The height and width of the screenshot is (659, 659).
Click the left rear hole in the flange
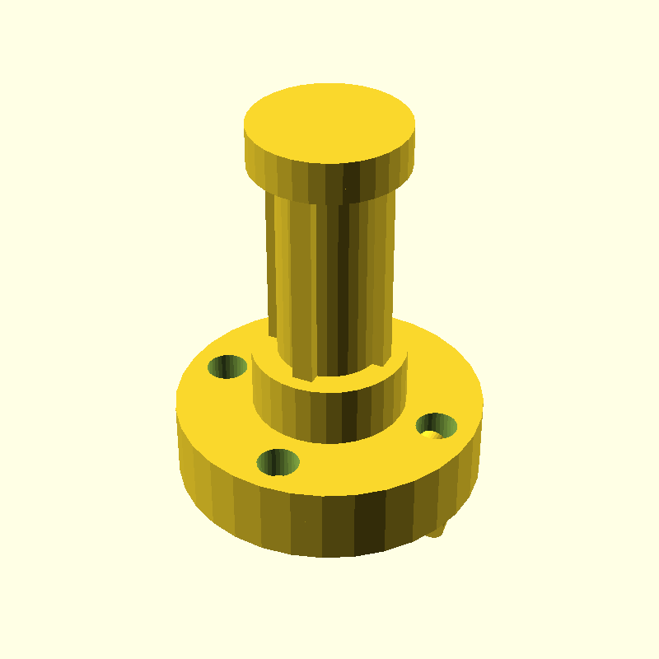pyautogui.click(x=227, y=367)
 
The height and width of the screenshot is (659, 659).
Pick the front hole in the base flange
pyautogui.click(x=278, y=462)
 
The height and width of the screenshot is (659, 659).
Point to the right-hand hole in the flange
pyautogui.click(x=437, y=426)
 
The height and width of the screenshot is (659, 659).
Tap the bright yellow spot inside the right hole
pyautogui.click(x=430, y=433)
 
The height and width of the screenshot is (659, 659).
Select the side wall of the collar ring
pyautogui.click(x=297, y=412)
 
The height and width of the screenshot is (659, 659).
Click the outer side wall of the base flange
pyautogui.click(x=247, y=511)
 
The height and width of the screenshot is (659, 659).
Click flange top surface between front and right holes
pyautogui.click(x=362, y=461)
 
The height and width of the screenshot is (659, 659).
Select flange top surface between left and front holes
pyautogui.click(x=222, y=420)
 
